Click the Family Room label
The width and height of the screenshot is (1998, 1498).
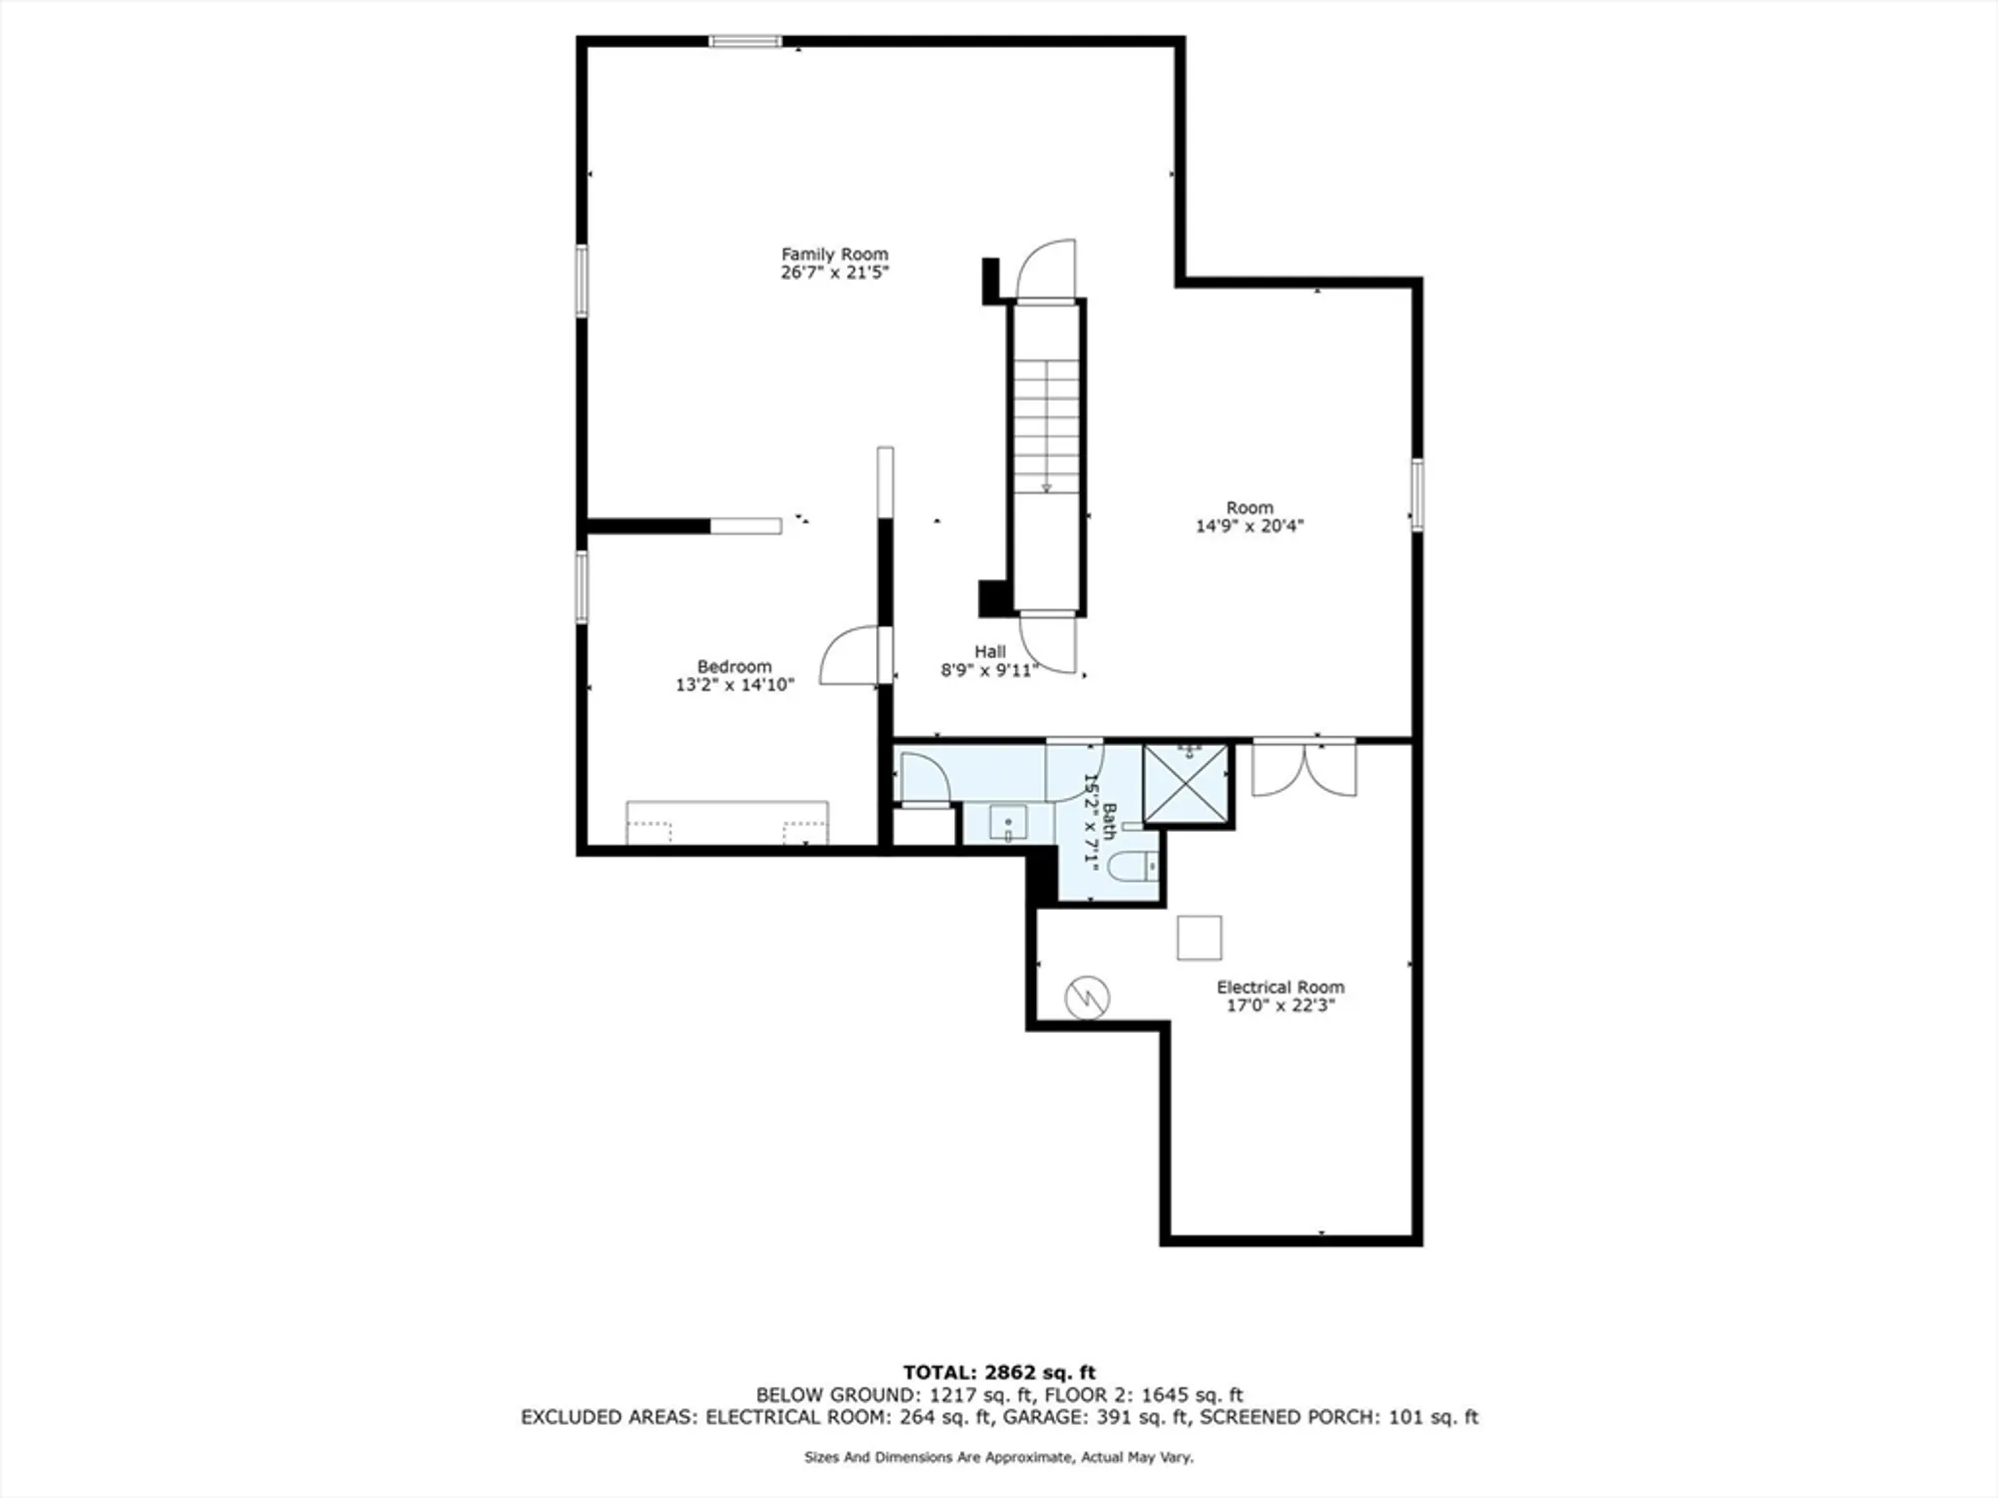point(834,255)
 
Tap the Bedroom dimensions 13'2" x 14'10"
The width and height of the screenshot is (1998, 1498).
point(734,685)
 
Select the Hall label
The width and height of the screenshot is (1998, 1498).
point(990,652)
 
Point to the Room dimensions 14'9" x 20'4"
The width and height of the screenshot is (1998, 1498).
point(1250,526)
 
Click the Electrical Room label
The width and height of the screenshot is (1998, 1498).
point(1280,987)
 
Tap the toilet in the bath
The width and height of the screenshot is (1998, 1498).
point(1133,867)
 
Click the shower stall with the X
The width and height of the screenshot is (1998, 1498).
point(1186,784)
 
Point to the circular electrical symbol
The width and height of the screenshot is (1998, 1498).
point(1087,997)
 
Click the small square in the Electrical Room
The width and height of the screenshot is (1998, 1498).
point(1199,938)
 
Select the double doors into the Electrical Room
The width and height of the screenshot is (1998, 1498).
point(1304,769)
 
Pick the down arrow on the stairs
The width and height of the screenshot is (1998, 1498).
point(1046,486)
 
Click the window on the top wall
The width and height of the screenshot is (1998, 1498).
point(745,41)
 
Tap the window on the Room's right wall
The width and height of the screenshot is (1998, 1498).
point(1417,494)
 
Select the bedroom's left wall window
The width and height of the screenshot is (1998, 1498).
point(581,587)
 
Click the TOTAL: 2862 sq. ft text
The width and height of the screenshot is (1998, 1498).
point(999,1372)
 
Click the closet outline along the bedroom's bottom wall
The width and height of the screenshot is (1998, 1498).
point(726,823)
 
